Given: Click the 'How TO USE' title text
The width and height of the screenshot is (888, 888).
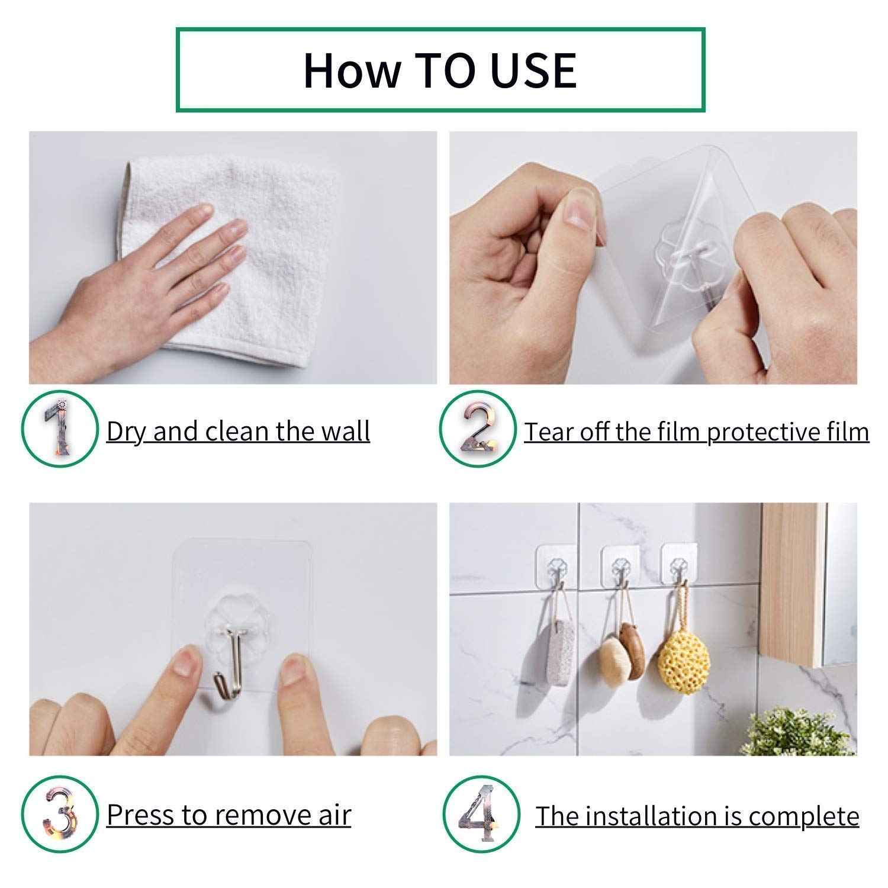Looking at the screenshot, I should point(440,70).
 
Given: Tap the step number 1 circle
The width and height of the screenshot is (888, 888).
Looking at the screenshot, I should point(59,429).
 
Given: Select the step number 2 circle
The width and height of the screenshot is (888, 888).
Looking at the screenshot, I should point(478,429).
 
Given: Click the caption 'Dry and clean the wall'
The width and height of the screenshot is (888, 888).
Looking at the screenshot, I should point(238,431).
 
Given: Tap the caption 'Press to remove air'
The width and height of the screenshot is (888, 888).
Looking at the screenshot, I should point(229,815).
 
